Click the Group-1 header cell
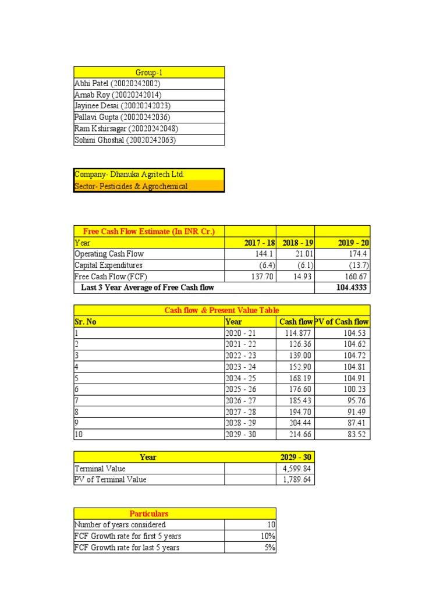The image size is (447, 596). pos(148,72)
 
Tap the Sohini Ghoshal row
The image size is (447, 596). pos(125,140)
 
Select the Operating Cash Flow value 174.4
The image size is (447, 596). pos(356,254)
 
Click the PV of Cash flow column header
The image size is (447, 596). pos(342,321)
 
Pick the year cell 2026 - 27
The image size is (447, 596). pos(240,400)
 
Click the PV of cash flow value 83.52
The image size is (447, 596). pos(356,434)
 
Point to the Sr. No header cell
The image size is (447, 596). pos(86,321)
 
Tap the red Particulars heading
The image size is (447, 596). pos(149,513)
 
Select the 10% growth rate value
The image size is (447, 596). pos(268,536)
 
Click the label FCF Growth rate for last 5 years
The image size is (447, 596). pos(127,547)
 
